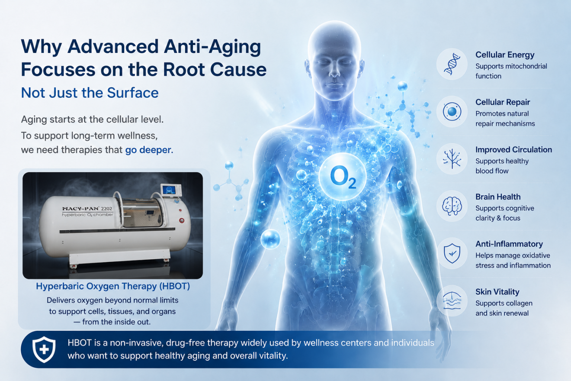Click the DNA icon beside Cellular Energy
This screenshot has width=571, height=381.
tap(452, 64)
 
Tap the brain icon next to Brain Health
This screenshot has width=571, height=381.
tap(452, 206)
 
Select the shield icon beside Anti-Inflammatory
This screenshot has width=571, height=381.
tap(452, 253)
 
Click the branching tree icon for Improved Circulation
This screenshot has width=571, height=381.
tap(452, 159)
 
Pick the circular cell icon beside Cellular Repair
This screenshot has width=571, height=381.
tap(452, 112)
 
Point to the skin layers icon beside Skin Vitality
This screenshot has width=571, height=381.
tap(452, 301)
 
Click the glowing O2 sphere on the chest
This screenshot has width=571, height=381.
tap(343, 177)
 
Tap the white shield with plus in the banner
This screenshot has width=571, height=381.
tap(44, 349)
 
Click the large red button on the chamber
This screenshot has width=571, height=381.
tap(182, 220)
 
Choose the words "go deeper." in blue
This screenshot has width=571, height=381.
tap(149, 150)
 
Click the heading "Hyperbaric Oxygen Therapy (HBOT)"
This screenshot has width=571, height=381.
tap(113, 286)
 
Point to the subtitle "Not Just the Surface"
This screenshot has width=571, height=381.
tap(90, 93)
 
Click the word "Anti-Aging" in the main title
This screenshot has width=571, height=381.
tap(212, 47)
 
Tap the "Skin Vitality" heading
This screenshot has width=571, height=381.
tap(497, 292)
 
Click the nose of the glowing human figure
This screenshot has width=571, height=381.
tap(334, 71)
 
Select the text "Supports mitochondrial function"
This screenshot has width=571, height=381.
tap(511, 71)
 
